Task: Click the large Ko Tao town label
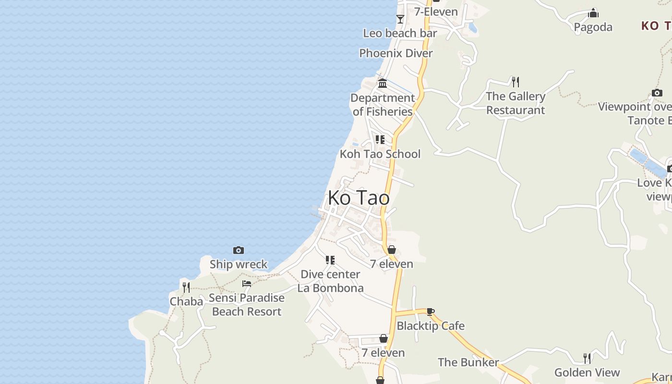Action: coord(359,198)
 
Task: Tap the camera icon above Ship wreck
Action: coord(238,250)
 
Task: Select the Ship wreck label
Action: coord(238,264)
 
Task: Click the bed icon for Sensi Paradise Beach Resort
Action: coord(247,284)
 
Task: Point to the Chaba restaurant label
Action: coord(186,301)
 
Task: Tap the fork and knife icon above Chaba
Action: coord(186,288)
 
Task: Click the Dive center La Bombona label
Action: coord(330,281)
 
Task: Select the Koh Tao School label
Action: coord(380,154)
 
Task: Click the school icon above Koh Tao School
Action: coord(380,140)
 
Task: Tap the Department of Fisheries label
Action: coord(383,105)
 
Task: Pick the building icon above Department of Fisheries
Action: coord(383,84)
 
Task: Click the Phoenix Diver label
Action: coord(396,53)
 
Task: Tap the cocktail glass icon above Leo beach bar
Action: coord(400,19)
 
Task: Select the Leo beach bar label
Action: coord(400,33)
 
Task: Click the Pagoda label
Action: coord(593,27)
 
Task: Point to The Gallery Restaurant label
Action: coord(516,103)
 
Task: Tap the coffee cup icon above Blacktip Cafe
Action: coord(431,312)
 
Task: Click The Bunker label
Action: coord(468,362)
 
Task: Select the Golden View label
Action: coord(587,372)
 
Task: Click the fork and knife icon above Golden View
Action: coord(587,358)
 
